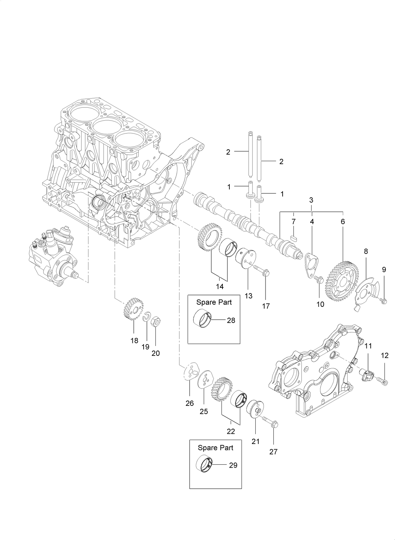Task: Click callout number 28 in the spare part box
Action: pyautogui.click(x=231, y=320)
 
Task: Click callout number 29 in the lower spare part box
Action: pyautogui.click(x=233, y=466)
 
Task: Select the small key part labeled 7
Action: pyautogui.click(x=294, y=236)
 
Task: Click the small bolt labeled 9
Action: pyautogui.click(x=383, y=300)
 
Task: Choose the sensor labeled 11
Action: pyautogui.click(x=367, y=375)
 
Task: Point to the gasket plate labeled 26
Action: pyautogui.click(x=190, y=372)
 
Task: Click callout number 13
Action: pyautogui.click(x=248, y=296)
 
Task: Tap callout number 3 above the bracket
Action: pyautogui.click(x=311, y=200)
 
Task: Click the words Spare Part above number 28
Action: pyautogui.click(x=214, y=302)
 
